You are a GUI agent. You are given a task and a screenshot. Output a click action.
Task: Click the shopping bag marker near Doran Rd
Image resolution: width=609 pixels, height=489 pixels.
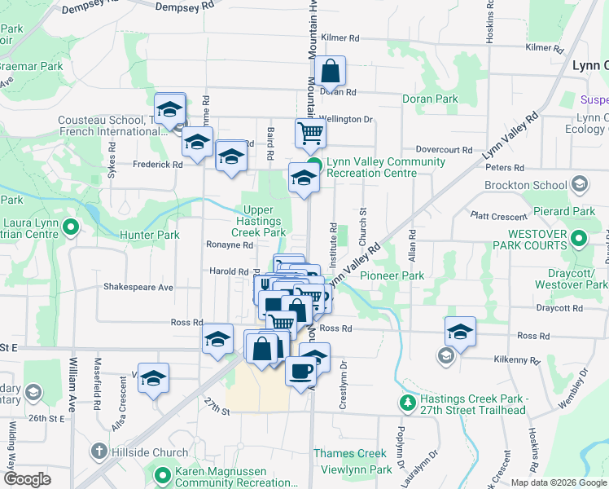331,72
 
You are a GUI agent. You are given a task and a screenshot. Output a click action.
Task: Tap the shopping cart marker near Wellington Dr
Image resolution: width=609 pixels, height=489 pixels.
310,133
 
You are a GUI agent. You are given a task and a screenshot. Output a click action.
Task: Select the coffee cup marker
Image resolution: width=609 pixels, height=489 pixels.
300,370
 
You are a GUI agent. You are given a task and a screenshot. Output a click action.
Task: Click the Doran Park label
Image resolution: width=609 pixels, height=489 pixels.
430,99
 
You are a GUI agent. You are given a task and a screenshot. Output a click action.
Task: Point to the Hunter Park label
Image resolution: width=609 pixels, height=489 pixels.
149,236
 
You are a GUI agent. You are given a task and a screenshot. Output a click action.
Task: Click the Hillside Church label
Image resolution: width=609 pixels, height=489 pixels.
149,452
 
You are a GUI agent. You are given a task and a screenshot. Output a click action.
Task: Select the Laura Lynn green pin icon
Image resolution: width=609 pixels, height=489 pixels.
70,227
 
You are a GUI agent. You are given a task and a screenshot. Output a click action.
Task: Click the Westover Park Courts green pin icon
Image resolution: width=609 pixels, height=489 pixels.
579,239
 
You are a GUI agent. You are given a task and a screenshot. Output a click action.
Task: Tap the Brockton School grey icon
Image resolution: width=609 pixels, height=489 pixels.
579,184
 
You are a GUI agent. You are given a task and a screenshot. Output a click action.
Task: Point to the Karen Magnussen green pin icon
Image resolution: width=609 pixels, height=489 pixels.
162,474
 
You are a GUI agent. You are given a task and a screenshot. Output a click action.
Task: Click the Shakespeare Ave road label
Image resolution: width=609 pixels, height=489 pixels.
138,288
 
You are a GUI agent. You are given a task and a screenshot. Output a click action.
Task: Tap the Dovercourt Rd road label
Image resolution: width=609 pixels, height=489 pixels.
444,150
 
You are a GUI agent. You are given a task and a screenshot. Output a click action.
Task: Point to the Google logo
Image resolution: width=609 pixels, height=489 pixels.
27,478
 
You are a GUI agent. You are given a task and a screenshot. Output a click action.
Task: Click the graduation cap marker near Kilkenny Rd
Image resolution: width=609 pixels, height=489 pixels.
460,331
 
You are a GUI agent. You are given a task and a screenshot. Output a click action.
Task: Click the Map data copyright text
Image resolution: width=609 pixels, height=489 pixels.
557,482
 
